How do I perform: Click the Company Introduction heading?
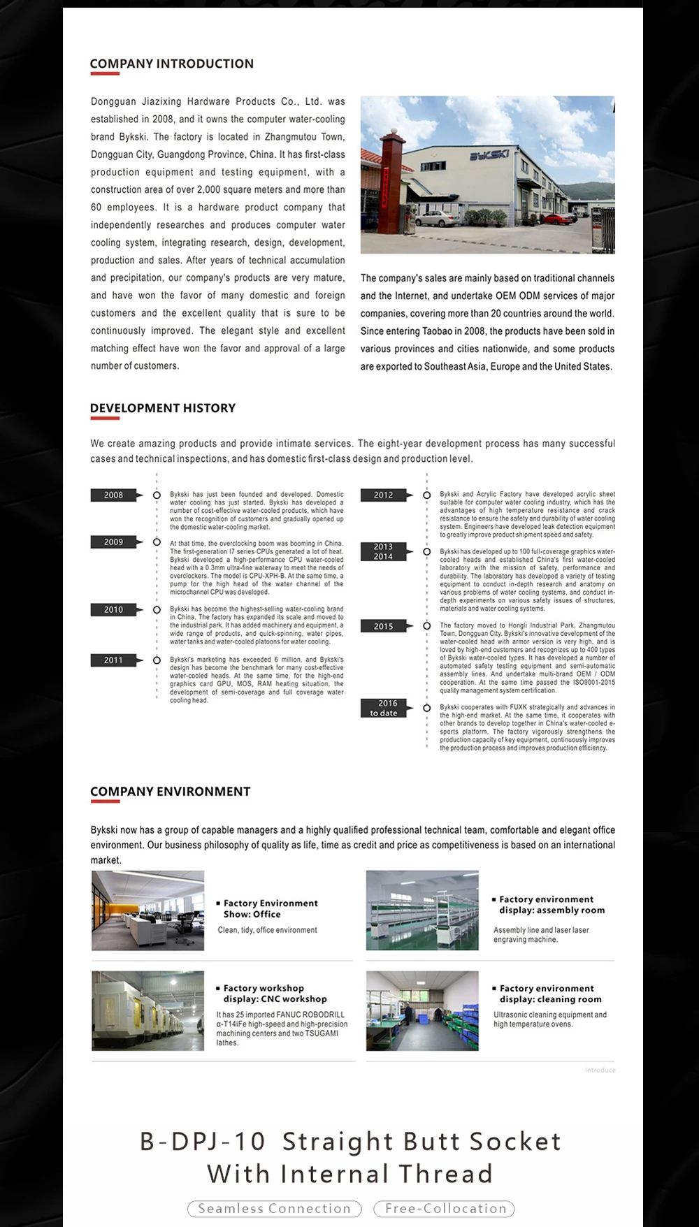tap(171, 64)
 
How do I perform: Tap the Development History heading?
tap(162, 408)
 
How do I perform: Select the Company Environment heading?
tap(170, 792)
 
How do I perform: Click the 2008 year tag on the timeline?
tap(113, 495)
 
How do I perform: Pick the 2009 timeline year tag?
tap(113, 542)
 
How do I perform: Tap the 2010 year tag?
tap(113, 610)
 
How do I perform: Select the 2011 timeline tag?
tap(113, 660)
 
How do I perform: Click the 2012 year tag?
tap(383, 495)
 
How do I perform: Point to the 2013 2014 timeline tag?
tap(383, 552)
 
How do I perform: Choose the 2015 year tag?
tap(383, 627)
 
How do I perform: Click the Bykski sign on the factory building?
tap(489, 156)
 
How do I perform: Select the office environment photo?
tap(147, 910)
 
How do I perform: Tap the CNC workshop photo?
tap(147, 1010)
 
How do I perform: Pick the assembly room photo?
tap(422, 910)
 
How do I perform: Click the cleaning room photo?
tap(422, 1010)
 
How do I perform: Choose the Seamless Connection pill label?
tap(274, 1208)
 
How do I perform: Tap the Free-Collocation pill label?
tap(445, 1208)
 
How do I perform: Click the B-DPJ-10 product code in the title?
tap(203, 1142)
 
